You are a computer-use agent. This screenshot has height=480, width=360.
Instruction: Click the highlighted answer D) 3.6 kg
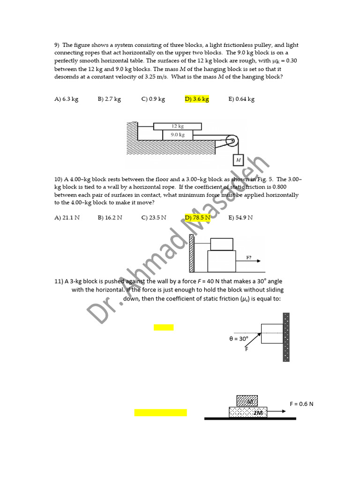pyautogui.click(x=197, y=99)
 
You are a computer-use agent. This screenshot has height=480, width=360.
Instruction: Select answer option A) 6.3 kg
pyautogui.click(x=66, y=99)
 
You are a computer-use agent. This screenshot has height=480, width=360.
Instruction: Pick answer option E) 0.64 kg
pyautogui.click(x=241, y=99)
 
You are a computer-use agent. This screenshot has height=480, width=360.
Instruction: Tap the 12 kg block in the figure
pyautogui.click(x=177, y=126)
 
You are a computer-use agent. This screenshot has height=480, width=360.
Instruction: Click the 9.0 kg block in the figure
pyautogui.click(x=177, y=135)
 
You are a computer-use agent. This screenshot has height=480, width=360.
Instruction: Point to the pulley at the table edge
pyautogui.click(x=232, y=141)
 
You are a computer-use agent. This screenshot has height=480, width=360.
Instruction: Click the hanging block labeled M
pyautogui.click(x=238, y=160)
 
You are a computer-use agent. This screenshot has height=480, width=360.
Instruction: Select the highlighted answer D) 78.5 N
pyautogui.click(x=198, y=217)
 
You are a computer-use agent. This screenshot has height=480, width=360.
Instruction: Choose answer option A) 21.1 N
pyautogui.click(x=67, y=217)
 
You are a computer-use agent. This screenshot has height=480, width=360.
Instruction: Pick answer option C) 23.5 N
pyautogui.click(x=154, y=217)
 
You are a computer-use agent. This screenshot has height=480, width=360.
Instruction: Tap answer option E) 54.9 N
pyautogui.click(x=240, y=217)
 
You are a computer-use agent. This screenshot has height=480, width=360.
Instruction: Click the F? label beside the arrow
pyautogui.click(x=249, y=258)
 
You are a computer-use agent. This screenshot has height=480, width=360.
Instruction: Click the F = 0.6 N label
pyautogui.click(x=302, y=404)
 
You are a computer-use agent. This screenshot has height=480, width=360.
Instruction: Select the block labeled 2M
pyautogui.click(x=248, y=412)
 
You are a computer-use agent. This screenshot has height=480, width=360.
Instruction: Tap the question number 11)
pyautogui.click(x=59, y=281)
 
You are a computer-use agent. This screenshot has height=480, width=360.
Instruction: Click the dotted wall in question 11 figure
pyautogui.click(x=286, y=337)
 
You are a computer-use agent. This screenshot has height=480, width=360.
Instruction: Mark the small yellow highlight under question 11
pyautogui.click(x=164, y=328)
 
